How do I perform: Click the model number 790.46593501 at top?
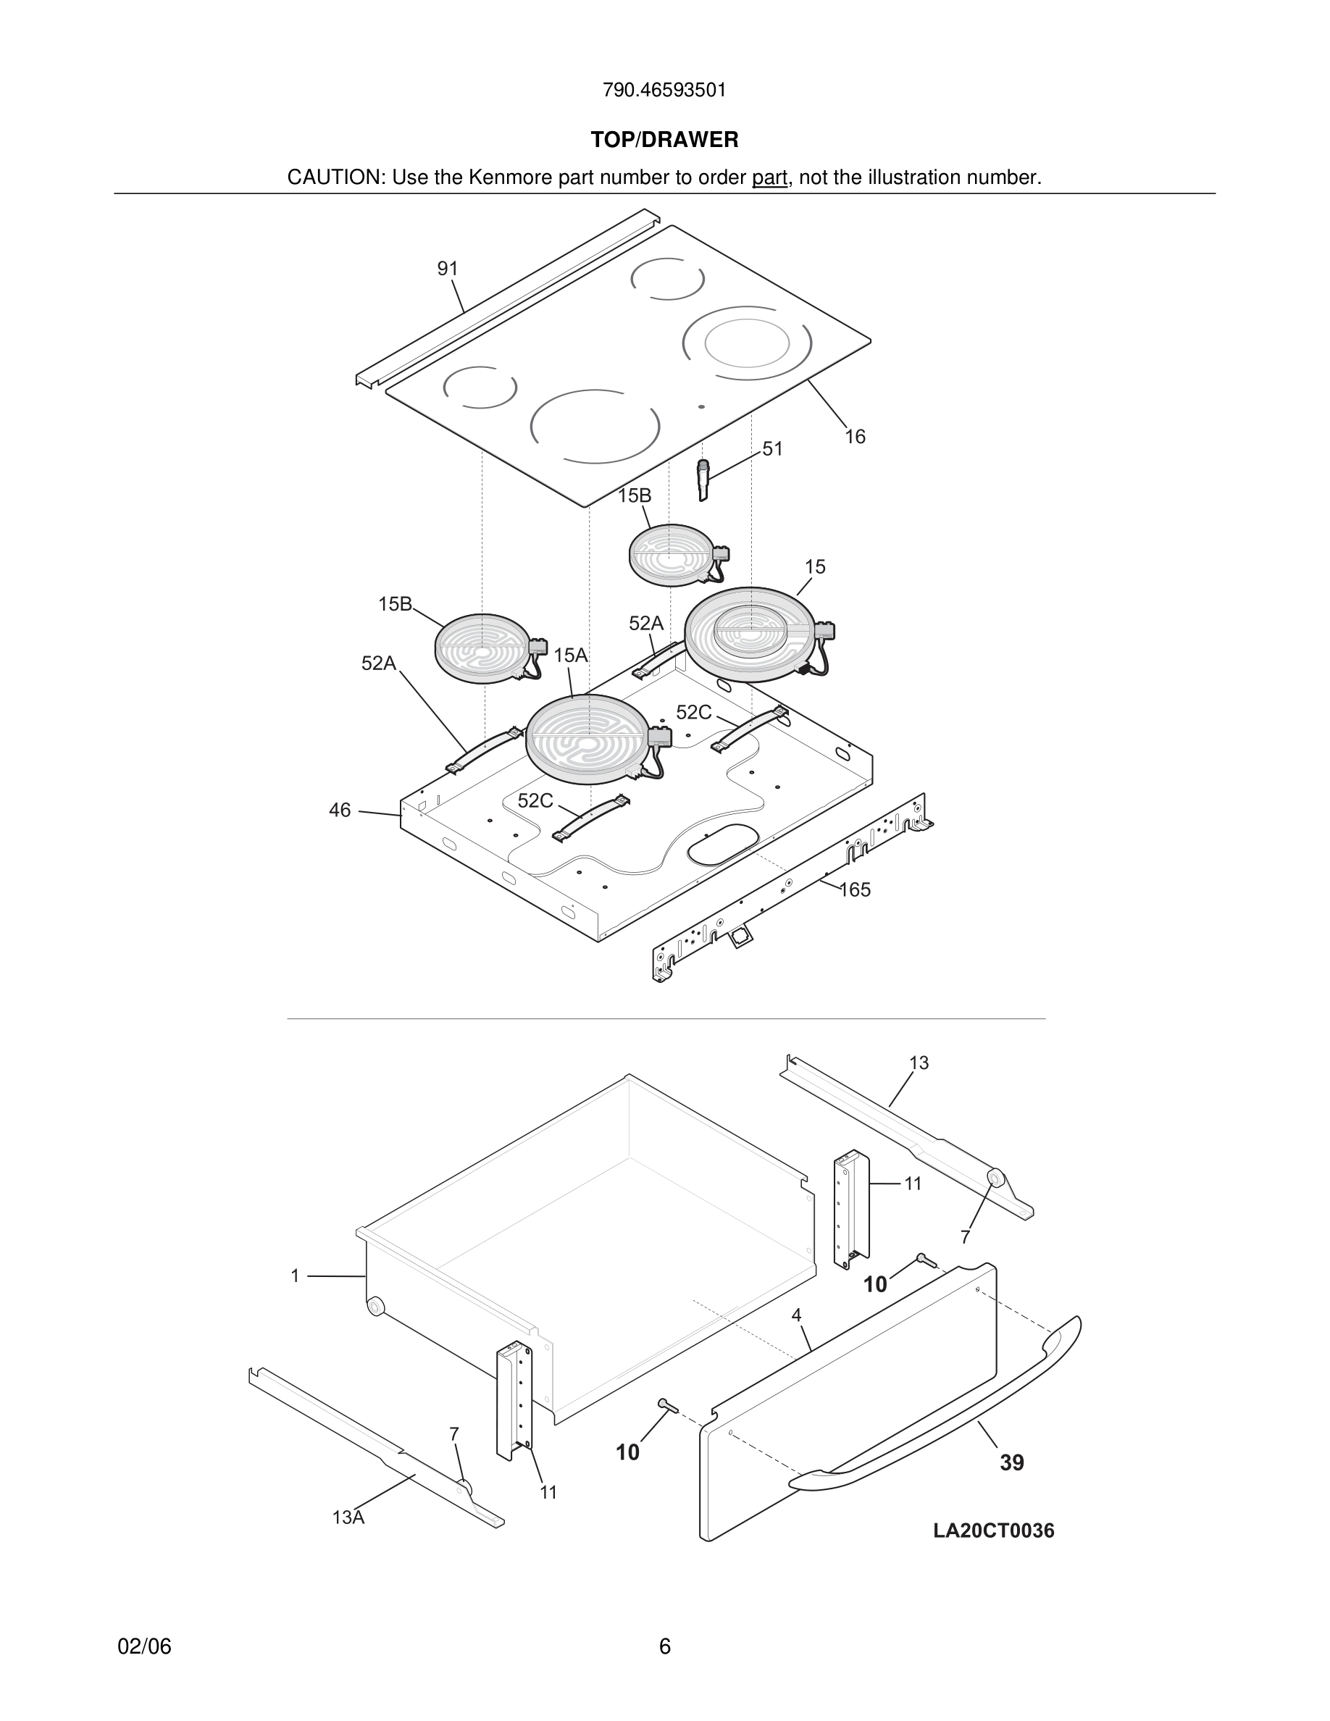(664, 91)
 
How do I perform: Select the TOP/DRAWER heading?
(664, 141)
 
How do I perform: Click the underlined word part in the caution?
(769, 178)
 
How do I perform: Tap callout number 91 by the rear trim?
(448, 269)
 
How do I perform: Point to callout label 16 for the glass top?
(855, 437)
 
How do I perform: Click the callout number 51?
(772, 449)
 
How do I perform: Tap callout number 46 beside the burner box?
(340, 810)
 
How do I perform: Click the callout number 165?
(855, 889)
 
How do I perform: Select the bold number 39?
(1012, 1462)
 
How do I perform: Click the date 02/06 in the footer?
(144, 1646)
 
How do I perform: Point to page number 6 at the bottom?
(664, 1646)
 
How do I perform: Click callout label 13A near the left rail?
(348, 1517)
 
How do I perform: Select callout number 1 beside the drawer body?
(295, 1276)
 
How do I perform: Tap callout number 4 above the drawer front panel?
(797, 1315)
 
